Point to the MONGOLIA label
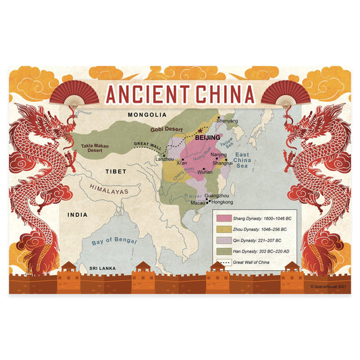136,115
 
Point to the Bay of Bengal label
115,240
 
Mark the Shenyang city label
228,121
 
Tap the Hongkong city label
222,202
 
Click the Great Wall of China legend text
257,261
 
